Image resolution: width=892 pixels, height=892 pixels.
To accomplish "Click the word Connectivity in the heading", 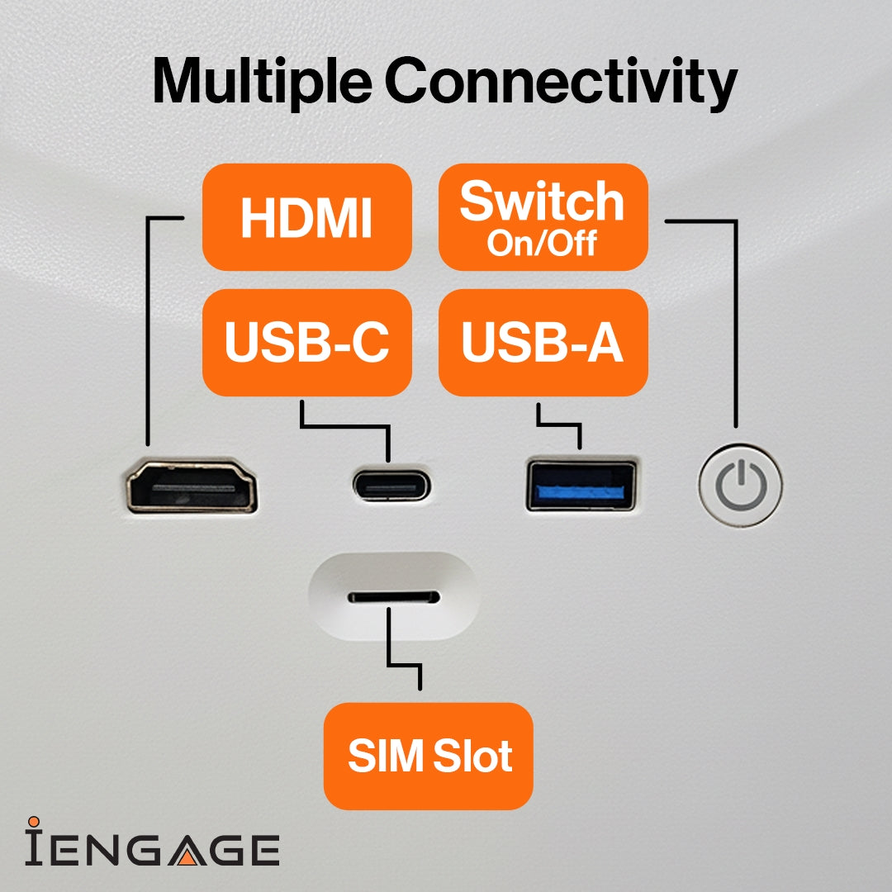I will [x=561, y=82].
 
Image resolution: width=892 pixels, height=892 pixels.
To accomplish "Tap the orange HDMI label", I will [x=306, y=217].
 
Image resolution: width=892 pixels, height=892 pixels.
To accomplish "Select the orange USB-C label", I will [x=306, y=342].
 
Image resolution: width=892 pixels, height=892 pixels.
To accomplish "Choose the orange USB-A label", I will [x=543, y=342].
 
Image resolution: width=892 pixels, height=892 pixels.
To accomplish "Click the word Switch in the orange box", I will [x=542, y=202].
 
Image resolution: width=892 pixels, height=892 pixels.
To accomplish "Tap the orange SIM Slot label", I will [x=428, y=756].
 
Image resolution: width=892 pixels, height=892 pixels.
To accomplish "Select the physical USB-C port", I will [x=391, y=486].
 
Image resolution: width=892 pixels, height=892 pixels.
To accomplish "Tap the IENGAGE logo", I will [x=152, y=847].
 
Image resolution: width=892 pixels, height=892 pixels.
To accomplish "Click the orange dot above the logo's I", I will [x=34, y=823].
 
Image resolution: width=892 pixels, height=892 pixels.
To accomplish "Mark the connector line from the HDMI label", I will [x=146, y=330].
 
